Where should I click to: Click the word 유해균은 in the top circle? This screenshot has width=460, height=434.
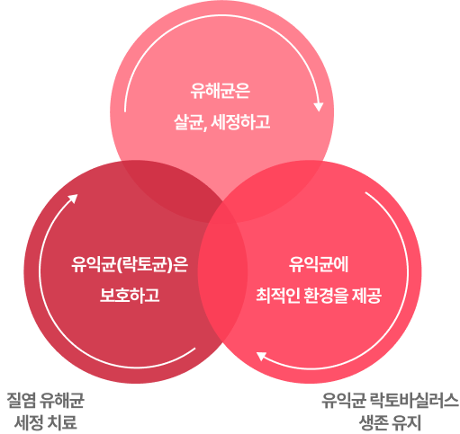[x=221, y=91]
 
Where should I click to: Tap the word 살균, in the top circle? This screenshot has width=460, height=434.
[x=191, y=122]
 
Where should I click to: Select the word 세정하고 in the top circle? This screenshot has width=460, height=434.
[x=240, y=122]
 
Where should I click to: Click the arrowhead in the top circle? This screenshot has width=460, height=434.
[x=319, y=107]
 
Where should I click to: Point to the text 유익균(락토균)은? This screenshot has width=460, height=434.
[x=130, y=264]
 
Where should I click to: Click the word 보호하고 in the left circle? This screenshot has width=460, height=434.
[x=130, y=295]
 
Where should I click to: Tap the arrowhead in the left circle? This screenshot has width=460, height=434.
[x=73, y=199]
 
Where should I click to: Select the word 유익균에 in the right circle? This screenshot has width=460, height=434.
[x=319, y=264]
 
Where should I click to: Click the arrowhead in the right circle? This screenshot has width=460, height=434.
[x=261, y=356]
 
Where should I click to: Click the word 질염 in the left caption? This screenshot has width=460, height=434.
[x=21, y=400]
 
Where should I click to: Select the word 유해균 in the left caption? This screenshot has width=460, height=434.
[x=62, y=400]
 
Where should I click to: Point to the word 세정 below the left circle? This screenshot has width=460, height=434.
[x=29, y=421]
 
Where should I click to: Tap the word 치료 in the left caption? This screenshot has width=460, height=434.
[x=62, y=421]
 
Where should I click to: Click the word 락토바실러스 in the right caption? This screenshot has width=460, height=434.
[x=415, y=400]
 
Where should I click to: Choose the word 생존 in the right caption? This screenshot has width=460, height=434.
[x=374, y=421]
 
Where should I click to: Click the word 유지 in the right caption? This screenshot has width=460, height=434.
[x=407, y=421]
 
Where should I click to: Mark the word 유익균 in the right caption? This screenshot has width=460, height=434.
[x=344, y=400]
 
